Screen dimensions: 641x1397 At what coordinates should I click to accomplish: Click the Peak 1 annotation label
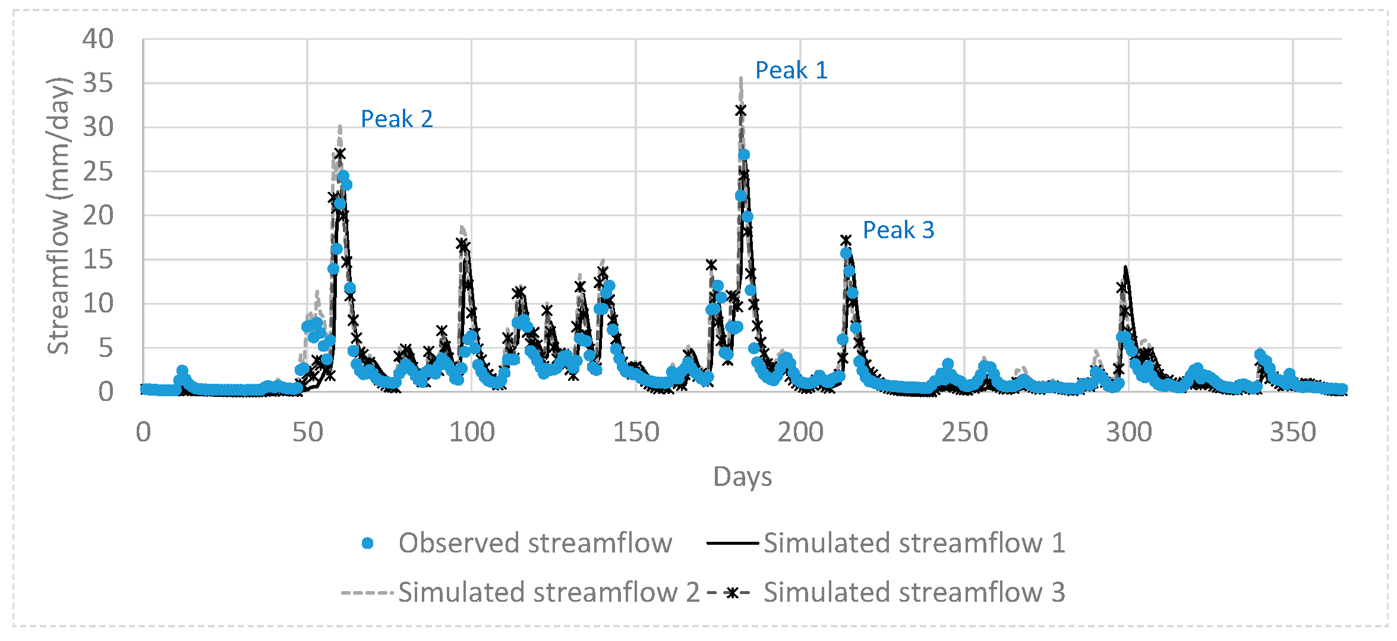tap(791, 71)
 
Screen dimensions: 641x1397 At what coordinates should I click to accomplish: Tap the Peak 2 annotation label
tap(396, 119)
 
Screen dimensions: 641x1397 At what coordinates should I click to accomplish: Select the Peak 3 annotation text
tap(898, 230)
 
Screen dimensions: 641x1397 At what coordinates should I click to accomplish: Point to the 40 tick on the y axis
tap(98, 39)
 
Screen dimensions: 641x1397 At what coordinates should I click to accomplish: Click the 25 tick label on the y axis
tap(98, 172)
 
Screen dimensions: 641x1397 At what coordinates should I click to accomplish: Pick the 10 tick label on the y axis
tap(98, 304)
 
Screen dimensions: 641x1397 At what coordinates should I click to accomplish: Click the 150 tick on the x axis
tap(636, 432)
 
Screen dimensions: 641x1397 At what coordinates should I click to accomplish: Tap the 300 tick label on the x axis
tap(1128, 432)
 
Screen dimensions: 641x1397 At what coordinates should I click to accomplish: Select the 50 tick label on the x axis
tap(308, 432)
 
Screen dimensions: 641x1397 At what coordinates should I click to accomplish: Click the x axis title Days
tap(742, 477)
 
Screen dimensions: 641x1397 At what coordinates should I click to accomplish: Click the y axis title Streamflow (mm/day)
tap(59, 216)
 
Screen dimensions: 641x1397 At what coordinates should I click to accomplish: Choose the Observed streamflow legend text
tap(535, 543)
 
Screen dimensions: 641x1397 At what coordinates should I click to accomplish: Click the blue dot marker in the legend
tap(368, 543)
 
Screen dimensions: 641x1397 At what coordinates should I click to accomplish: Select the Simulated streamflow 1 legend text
tap(914, 543)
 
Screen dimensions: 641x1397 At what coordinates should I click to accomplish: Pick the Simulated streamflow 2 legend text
tap(548, 592)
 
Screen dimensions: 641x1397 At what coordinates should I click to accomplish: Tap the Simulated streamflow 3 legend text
tap(914, 592)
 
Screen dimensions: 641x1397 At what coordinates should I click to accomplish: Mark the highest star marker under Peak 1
tap(740, 110)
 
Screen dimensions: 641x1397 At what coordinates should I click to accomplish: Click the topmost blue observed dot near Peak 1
tap(744, 155)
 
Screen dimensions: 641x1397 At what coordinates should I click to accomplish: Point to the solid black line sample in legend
tap(732, 543)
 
